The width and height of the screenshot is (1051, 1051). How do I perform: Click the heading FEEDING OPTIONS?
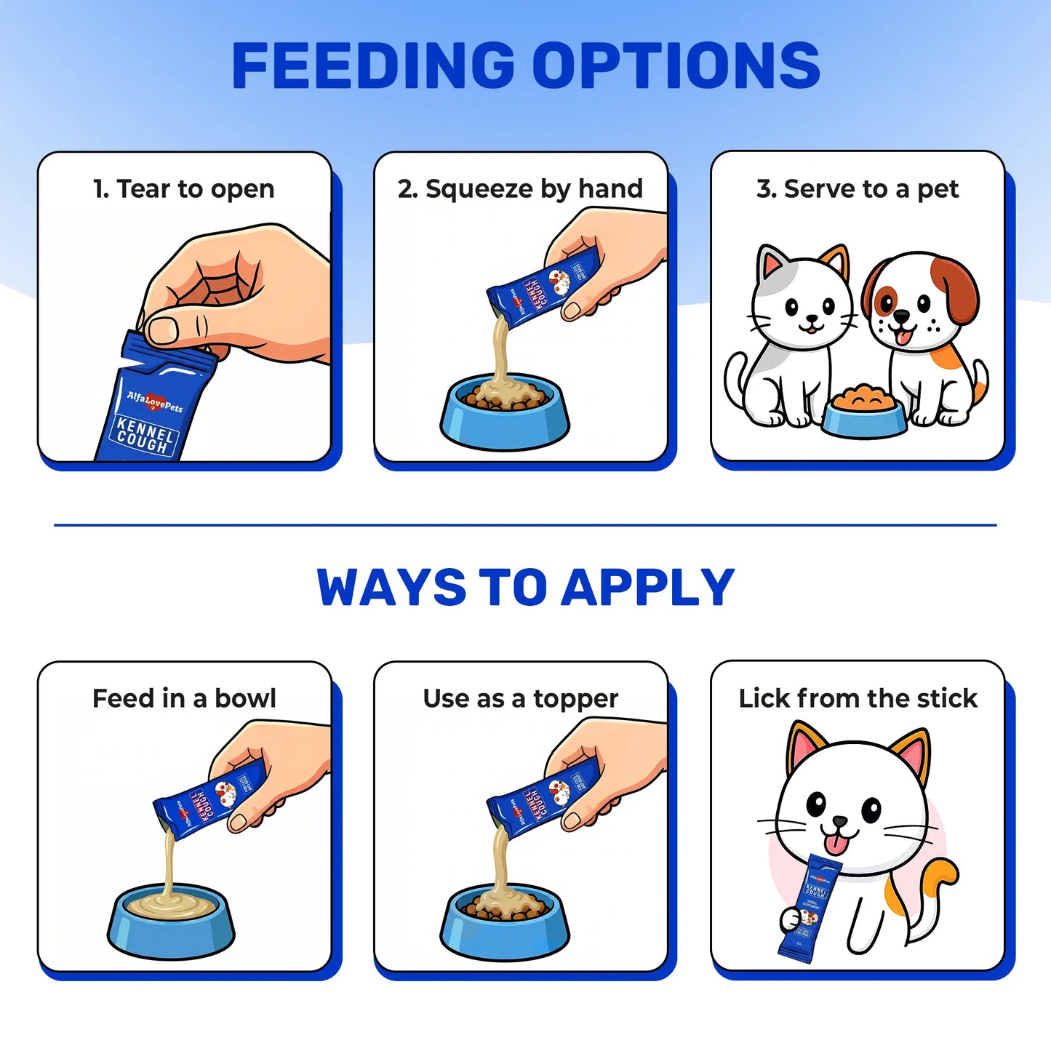click(525, 65)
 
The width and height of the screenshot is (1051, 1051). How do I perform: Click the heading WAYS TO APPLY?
click(525, 588)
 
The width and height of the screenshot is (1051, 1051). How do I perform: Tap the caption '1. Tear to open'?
click(184, 189)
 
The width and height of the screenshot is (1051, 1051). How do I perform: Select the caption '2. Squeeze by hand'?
click(520, 189)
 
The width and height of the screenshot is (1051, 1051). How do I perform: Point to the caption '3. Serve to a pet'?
click(857, 189)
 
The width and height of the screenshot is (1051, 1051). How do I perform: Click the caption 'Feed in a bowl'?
click(184, 698)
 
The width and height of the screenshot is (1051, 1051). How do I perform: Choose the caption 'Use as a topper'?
click(520, 699)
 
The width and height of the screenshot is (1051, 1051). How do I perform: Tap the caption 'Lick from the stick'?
click(858, 698)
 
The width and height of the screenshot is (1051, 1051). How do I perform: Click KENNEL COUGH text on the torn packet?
click(143, 435)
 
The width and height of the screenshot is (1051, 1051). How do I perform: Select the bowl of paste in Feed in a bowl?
click(171, 921)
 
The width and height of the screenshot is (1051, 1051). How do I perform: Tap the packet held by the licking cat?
click(810, 909)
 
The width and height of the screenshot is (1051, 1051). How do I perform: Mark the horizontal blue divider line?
click(525, 524)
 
